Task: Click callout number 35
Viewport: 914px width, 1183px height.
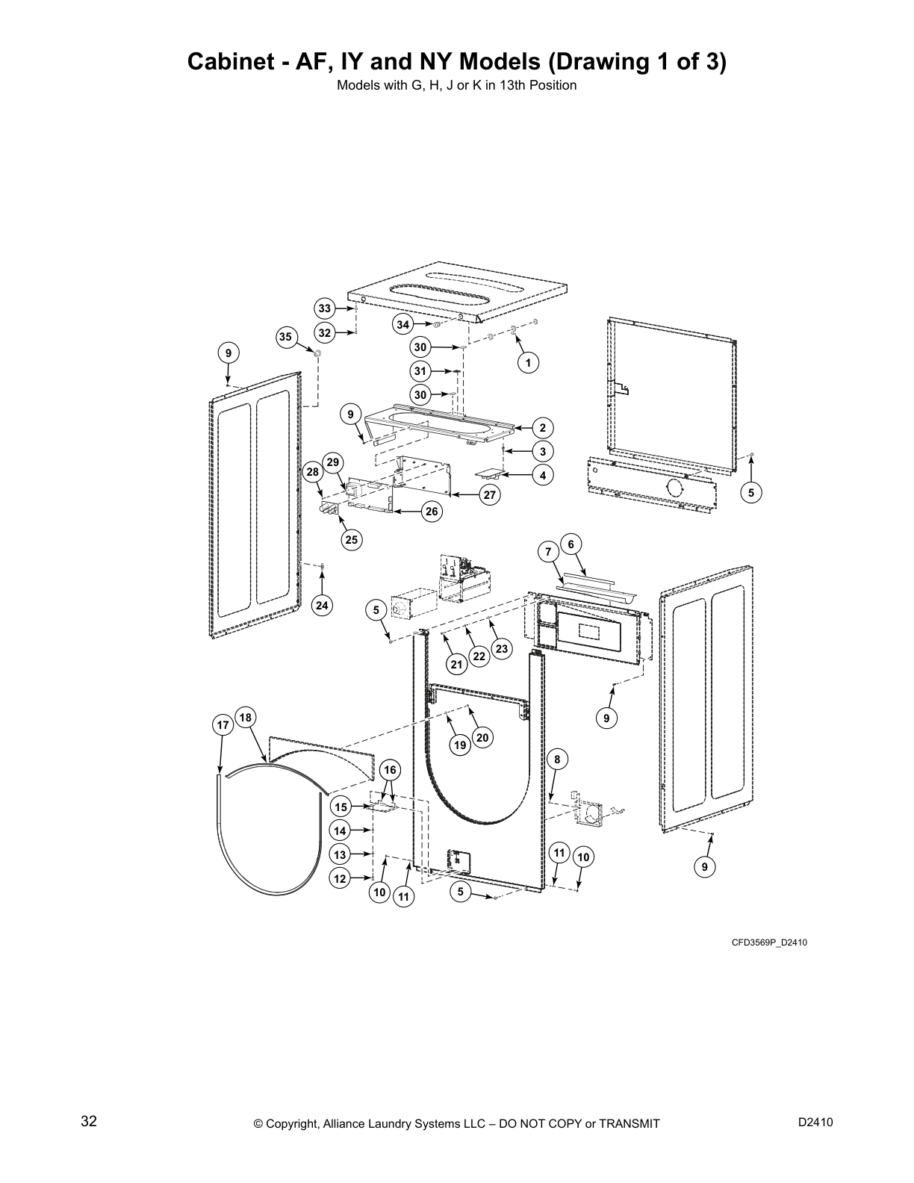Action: click(285, 337)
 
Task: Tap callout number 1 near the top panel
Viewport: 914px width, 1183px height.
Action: click(528, 363)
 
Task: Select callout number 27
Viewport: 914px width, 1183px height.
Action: click(490, 494)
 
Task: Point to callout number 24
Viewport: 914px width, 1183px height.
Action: click(322, 606)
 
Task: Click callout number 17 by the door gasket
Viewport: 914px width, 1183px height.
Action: click(222, 725)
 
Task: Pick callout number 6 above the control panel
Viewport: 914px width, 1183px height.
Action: click(571, 544)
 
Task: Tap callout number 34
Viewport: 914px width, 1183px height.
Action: click(403, 324)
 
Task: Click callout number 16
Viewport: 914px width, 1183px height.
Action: click(389, 770)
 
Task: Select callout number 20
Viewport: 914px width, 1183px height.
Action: click(482, 738)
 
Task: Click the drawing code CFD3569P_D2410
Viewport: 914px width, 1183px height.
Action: click(768, 943)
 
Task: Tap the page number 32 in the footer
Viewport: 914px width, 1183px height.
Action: click(89, 1121)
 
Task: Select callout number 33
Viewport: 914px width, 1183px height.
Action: click(324, 308)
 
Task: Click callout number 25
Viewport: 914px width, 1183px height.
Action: click(351, 540)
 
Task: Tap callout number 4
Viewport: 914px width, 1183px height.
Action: click(543, 475)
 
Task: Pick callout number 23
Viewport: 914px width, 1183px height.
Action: click(501, 649)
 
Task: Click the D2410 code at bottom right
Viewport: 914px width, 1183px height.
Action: click(815, 1123)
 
